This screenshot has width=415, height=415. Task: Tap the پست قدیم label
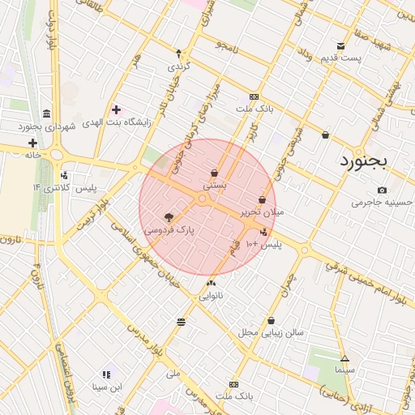click(362, 58)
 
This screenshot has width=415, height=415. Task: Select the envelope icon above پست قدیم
click(340, 46)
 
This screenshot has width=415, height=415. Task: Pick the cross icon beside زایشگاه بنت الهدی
click(116, 109)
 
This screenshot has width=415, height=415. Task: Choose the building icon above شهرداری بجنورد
click(46, 113)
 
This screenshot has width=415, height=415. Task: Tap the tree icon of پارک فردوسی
click(169, 217)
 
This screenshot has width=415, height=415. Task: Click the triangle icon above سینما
click(345, 358)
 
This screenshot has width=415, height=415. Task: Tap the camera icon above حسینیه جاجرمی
click(382, 190)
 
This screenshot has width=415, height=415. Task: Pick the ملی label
click(172, 374)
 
